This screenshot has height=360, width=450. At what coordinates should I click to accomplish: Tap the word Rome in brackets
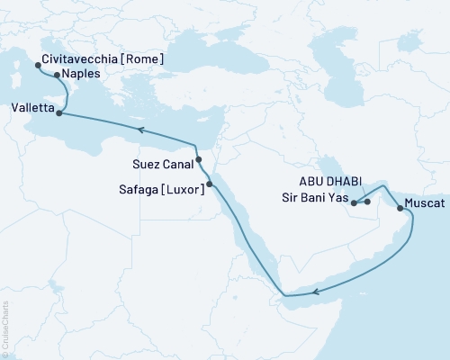tap(143, 59)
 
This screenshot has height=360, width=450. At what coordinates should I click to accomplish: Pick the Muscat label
tap(425, 203)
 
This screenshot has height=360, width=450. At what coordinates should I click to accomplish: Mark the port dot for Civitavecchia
tap(37, 66)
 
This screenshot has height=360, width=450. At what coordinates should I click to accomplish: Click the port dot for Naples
tap(58, 76)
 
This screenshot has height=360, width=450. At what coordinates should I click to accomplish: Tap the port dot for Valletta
tap(59, 113)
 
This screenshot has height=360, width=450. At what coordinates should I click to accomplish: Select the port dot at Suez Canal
tap(199, 160)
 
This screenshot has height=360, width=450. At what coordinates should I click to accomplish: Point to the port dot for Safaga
tap(210, 184)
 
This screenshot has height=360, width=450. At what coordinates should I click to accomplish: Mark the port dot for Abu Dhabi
tap(367, 202)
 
